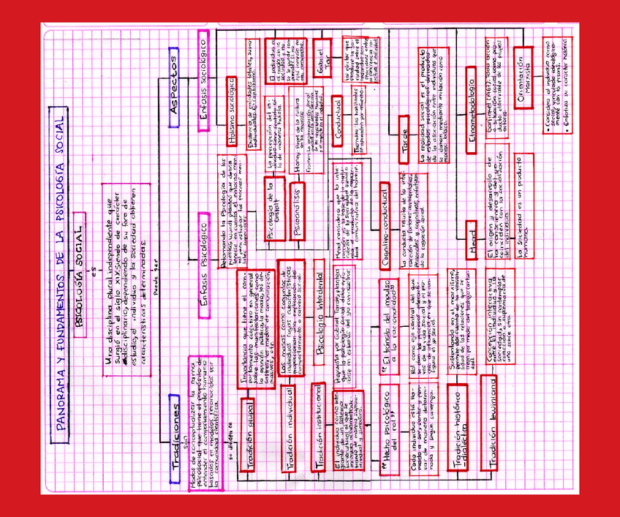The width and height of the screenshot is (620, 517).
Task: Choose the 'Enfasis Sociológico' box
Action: [x=205, y=80]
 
